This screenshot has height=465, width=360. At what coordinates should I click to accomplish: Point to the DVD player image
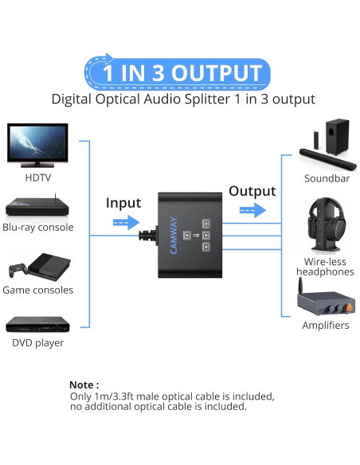coord(37,324)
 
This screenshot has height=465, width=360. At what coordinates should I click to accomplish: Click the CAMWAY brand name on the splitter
coord(172,236)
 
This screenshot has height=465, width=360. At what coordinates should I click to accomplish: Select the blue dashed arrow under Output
coord(252,210)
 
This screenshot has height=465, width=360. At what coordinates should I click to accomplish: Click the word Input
coord(123,203)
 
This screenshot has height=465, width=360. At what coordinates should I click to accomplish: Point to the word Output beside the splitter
coord(252,191)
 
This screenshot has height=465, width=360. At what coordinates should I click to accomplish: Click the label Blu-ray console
coord(37,228)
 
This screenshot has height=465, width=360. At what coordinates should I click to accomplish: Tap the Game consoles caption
coord(37,290)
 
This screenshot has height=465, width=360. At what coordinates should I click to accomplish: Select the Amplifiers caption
coord(325,326)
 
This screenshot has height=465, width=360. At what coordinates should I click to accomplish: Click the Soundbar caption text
coord(327,178)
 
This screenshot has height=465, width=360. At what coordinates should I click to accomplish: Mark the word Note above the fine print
coord(84,384)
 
